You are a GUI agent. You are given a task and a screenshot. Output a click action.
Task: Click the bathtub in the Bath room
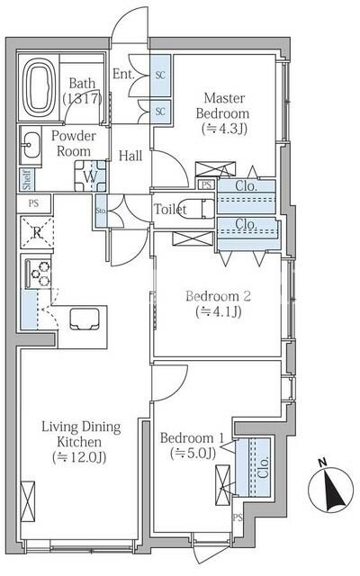click(x=39, y=87)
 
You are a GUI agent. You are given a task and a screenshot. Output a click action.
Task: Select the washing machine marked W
click(x=90, y=175)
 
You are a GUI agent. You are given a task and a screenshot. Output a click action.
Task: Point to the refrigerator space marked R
click(x=37, y=233)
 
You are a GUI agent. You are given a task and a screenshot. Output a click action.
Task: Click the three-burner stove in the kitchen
click(x=38, y=274)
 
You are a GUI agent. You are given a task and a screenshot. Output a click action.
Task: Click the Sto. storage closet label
click(x=101, y=211)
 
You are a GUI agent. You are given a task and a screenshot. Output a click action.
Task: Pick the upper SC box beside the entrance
click(x=160, y=76)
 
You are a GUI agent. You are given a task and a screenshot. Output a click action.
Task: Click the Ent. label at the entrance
click(x=123, y=74)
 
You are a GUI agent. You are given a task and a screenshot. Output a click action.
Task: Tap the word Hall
click(x=130, y=156)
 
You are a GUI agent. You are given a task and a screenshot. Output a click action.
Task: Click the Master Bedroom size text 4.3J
click(x=224, y=129)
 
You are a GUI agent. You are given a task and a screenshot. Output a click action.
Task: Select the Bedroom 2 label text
click(x=218, y=296)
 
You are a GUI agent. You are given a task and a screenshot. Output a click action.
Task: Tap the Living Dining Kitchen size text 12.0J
click(x=79, y=457)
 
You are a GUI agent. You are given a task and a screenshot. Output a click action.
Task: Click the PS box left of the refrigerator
click(x=33, y=203)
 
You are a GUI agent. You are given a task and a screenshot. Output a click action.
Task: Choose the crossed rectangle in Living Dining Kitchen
click(x=28, y=501)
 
